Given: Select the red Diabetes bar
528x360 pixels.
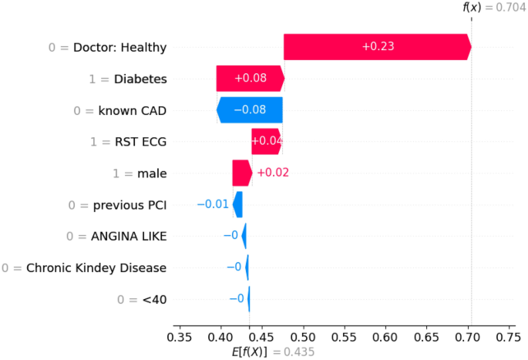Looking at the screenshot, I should click(x=250, y=79).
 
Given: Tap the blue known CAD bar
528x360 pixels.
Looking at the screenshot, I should click(x=250, y=110).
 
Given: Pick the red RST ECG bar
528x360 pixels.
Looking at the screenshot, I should click(x=267, y=142).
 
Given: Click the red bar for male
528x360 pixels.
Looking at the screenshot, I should click(x=241, y=173).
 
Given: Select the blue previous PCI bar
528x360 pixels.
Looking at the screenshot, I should click(x=238, y=204).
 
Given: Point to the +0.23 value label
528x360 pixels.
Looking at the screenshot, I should click(x=378, y=47).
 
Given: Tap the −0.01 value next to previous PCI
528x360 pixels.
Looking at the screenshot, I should click(x=213, y=204).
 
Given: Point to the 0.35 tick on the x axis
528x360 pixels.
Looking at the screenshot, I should click(x=180, y=337).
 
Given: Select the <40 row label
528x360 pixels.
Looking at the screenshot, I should click(x=153, y=299).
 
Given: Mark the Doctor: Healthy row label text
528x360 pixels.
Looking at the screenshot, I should click(x=119, y=47).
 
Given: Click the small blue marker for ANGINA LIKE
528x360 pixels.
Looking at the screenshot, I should click(x=244, y=236).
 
